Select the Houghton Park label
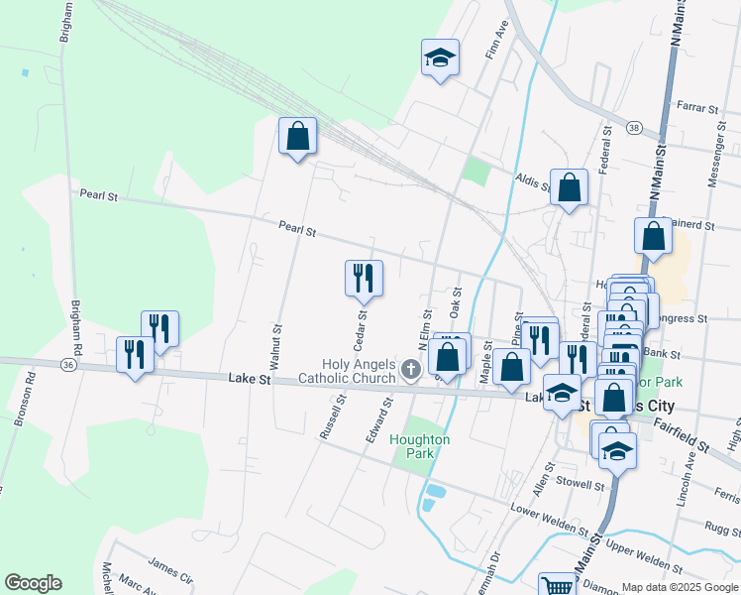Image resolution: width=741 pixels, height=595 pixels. (420, 446)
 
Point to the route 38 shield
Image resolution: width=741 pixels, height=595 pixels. (634, 127)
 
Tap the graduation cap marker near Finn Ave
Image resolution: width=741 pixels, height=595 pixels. (440, 59)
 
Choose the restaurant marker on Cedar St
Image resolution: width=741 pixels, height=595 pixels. (364, 278)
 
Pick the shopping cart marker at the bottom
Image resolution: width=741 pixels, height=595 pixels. (557, 586)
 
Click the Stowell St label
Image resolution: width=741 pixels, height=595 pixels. (581, 485)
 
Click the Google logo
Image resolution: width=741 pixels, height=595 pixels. (33, 583)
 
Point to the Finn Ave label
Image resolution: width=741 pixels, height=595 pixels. (496, 45)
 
